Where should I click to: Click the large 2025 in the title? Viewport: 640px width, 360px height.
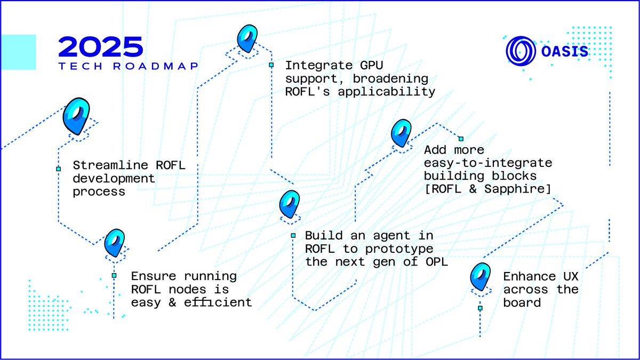100,47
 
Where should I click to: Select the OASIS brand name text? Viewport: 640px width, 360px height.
565,52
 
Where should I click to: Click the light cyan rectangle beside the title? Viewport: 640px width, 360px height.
18,52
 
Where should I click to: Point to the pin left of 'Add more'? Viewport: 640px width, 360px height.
401,133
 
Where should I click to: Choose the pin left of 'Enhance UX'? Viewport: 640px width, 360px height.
480,277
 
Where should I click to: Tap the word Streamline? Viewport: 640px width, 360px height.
106,165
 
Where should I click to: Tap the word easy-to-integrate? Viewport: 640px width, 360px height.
488,163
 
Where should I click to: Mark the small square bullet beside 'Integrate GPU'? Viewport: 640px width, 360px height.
271,65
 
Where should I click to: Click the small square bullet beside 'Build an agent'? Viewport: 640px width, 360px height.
293,235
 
